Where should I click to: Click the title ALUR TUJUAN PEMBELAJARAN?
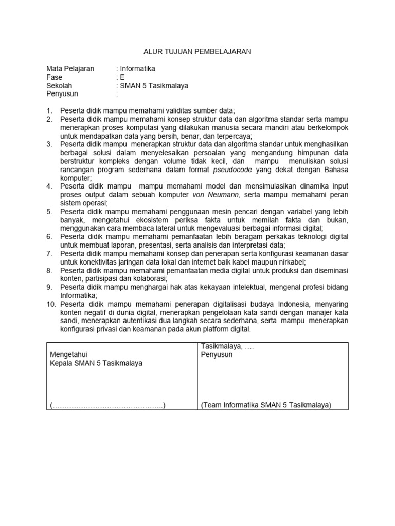pyautogui.click(x=197, y=52)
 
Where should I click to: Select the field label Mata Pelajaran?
pyautogui.click(x=70, y=69)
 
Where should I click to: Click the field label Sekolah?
pyautogui.click(x=59, y=86)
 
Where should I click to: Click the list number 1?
pyautogui.click(x=49, y=111)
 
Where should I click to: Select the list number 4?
pyautogui.click(x=49, y=186)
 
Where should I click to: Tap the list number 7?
pyautogui.click(x=49, y=254)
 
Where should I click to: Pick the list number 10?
pyautogui.click(x=51, y=304)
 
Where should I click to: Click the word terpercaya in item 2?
pyautogui.click(x=232, y=136)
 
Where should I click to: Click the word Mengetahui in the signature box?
pyautogui.click(x=68, y=354)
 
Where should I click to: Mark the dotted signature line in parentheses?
pyautogui.click(x=108, y=405)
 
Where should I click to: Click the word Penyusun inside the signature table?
pyautogui.click(x=217, y=354)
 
